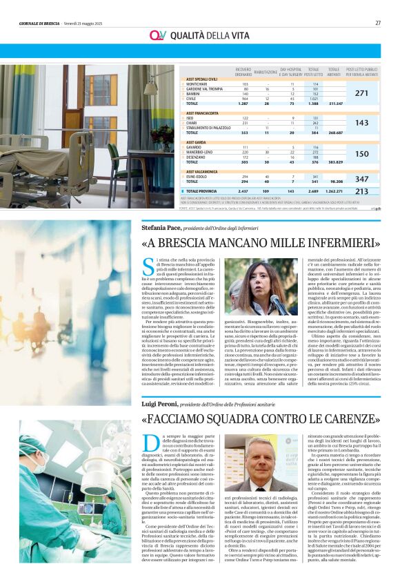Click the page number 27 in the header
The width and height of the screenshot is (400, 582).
[378, 23]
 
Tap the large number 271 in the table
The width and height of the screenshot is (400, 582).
[361, 93]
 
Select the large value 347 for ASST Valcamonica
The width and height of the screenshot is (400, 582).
[361, 179]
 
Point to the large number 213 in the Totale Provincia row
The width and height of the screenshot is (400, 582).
[361, 191]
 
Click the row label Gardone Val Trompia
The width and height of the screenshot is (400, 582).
[202, 89]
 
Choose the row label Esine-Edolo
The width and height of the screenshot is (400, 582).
[196, 176]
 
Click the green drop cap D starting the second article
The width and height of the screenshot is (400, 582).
[149, 442]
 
